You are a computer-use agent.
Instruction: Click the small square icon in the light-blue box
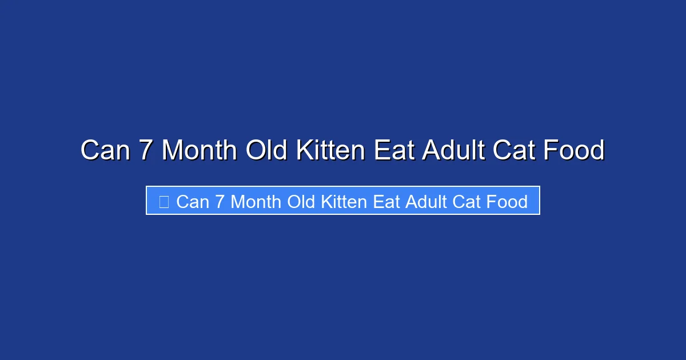[164, 201]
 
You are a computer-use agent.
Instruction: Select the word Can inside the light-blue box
[193, 202]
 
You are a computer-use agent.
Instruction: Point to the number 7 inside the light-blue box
[220, 202]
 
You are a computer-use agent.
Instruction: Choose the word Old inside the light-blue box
[300, 202]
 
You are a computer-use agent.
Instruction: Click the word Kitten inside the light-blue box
[343, 202]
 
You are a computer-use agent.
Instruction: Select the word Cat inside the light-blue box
[467, 202]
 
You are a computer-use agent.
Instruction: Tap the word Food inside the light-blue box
[506, 202]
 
